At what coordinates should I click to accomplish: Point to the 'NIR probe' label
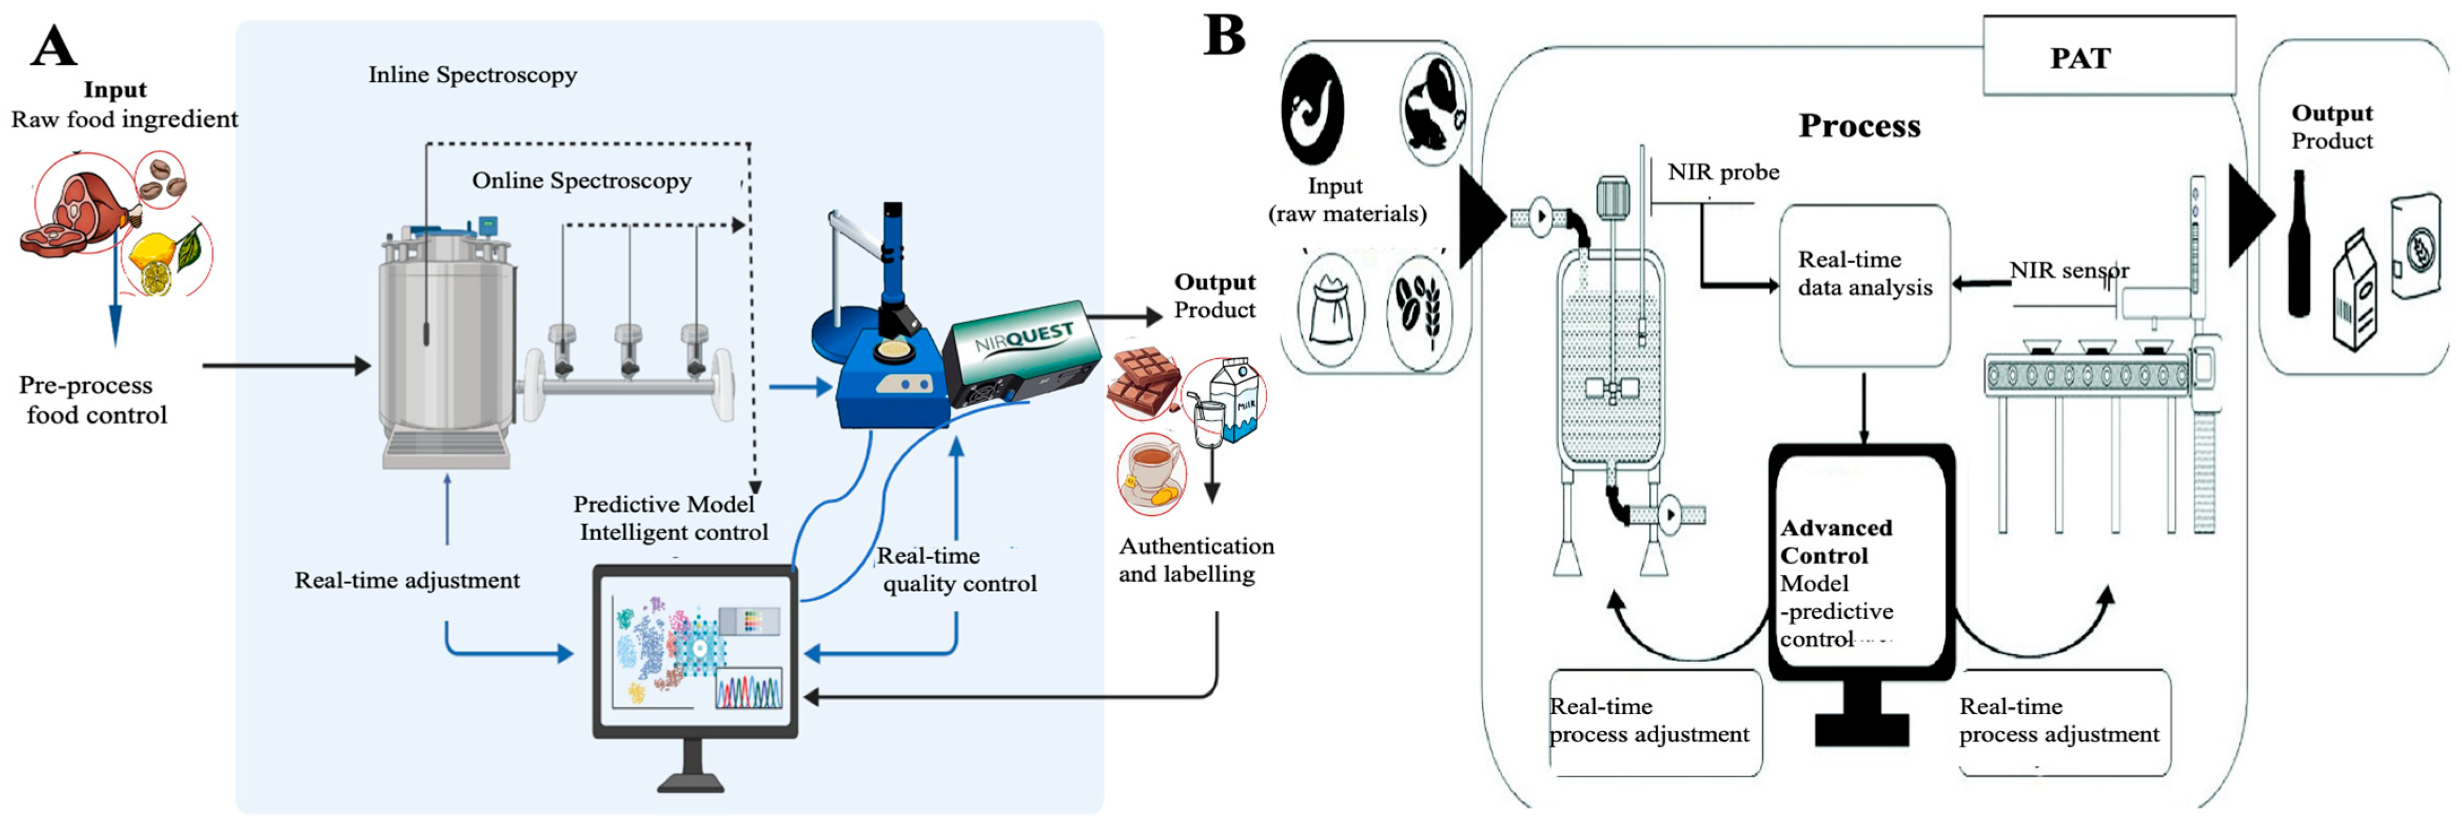point(1723,172)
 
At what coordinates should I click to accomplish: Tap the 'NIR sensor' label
point(2068,271)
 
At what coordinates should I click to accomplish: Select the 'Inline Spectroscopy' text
point(472,75)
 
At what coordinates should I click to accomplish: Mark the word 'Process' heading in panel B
point(1859,125)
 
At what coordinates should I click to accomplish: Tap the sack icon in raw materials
point(1330,310)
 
